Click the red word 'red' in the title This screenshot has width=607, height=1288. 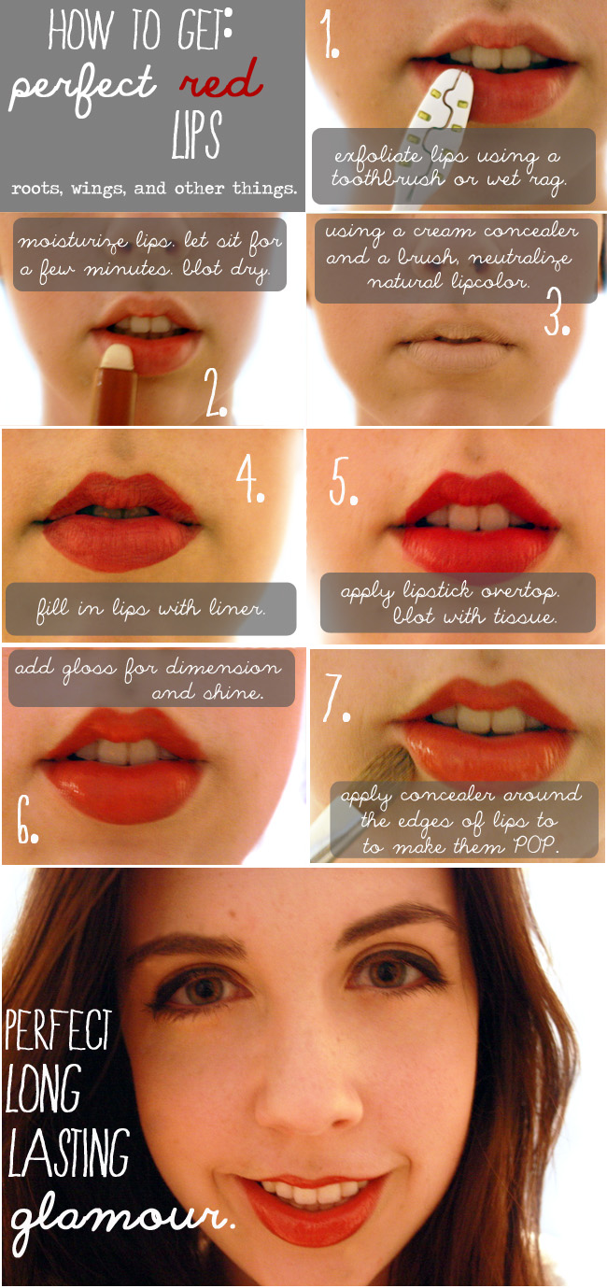[222, 80]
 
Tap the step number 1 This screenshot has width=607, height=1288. [329, 35]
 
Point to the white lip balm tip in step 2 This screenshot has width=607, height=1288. [118, 356]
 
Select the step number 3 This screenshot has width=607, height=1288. [557, 311]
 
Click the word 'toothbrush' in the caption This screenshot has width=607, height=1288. [388, 178]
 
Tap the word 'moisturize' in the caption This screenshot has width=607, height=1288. [73, 241]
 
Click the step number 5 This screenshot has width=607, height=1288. [343, 481]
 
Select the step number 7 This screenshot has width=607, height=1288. [336, 698]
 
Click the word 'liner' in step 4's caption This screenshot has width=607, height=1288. [236, 608]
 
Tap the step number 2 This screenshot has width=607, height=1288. [216, 392]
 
